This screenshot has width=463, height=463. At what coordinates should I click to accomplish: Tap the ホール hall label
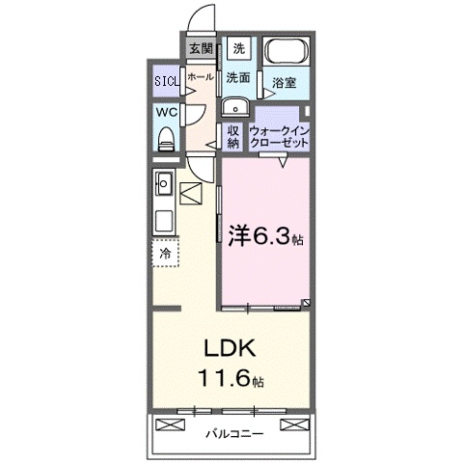point(200,75)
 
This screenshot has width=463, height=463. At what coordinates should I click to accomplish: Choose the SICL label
point(166,81)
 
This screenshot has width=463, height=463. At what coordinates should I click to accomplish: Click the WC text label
point(164,112)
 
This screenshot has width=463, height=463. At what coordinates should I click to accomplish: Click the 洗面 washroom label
point(238,76)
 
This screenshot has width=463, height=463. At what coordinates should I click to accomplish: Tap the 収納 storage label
point(232,135)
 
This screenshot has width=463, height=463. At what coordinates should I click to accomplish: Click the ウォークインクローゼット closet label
point(280,135)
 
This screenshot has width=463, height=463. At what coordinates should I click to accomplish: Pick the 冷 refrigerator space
point(165,254)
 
